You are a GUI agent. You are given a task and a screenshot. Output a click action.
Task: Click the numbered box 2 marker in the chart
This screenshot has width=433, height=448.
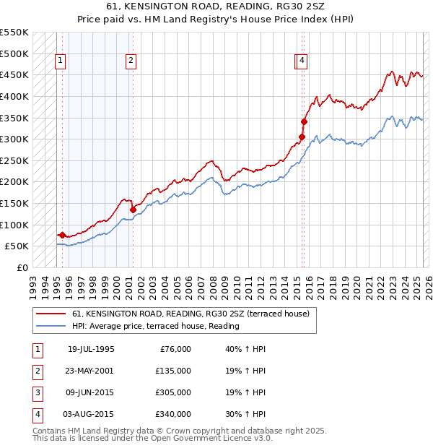131,61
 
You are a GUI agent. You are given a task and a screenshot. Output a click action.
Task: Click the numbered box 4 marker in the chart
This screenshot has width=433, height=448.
302,61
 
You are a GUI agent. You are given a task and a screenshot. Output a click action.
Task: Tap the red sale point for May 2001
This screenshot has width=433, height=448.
133,210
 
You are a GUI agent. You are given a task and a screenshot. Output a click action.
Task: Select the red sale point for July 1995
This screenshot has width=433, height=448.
62,235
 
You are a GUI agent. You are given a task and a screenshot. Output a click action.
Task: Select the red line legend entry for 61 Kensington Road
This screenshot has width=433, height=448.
191,314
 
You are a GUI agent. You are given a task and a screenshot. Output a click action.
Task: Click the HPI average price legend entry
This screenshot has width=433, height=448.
155,326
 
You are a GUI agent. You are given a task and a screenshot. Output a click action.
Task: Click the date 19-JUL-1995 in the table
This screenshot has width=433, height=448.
91,349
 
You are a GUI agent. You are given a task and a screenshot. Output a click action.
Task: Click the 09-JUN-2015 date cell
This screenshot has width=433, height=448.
91,392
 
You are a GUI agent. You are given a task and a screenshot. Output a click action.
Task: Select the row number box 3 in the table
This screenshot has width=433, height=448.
38,392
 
